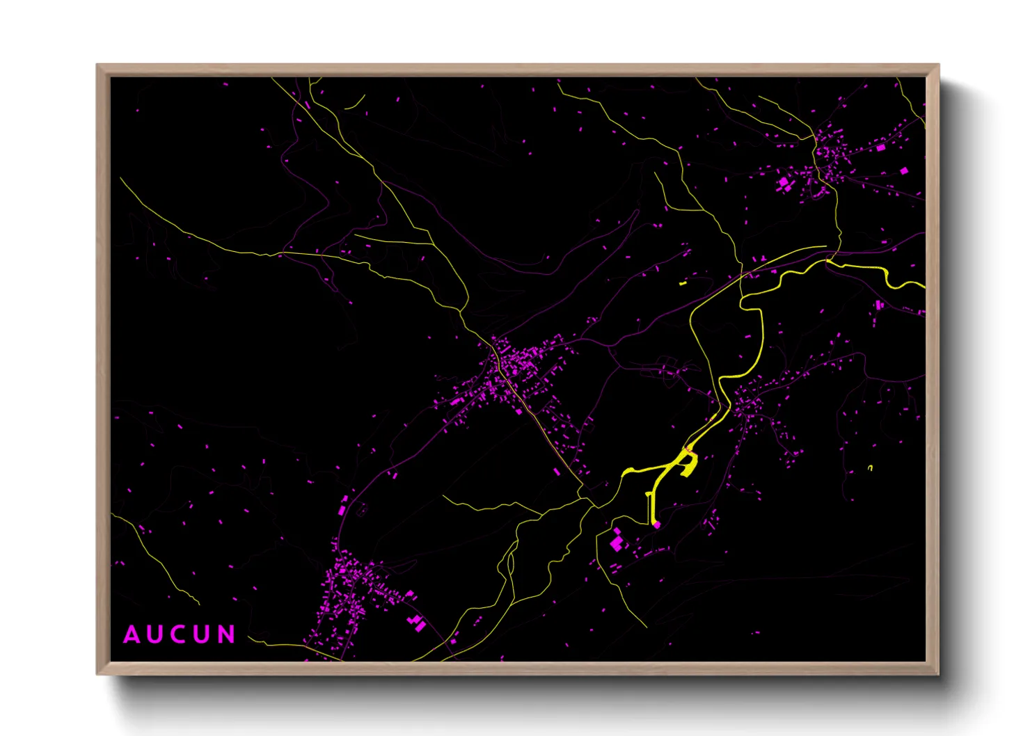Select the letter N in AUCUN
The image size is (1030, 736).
[x=226, y=634]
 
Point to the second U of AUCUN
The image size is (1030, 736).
[x=203, y=634]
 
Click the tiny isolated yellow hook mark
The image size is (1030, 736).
[x=870, y=467]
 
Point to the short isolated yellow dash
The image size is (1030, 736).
[x=683, y=283]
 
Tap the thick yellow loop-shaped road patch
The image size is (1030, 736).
[x=686, y=463]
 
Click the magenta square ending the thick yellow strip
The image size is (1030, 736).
[x=656, y=525]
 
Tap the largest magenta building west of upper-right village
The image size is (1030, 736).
[x=784, y=183]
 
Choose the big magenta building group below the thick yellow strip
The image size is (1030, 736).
[x=617, y=541]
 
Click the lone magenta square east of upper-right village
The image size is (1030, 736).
[x=903, y=170]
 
